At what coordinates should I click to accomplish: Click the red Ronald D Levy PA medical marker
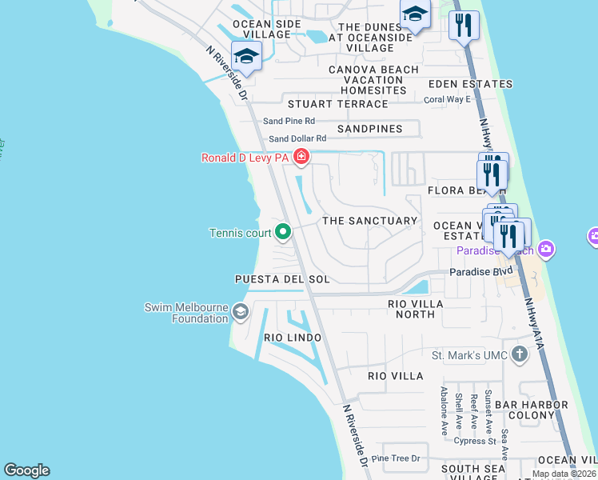[x=301, y=157]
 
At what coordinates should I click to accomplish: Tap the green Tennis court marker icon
[x=283, y=233]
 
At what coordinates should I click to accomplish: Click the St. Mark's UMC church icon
[x=520, y=354]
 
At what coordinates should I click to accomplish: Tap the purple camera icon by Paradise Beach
[x=547, y=249]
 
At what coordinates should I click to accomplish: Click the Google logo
[x=26, y=470]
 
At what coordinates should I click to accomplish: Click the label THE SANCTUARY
[x=369, y=220]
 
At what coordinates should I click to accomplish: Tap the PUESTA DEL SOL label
[x=281, y=278]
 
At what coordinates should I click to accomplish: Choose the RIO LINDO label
[x=293, y=338]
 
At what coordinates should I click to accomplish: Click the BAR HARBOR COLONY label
[x=524, y=410]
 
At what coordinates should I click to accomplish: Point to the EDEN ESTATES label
[x=470, y=84]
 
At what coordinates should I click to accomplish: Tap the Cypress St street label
[x=475, y=441]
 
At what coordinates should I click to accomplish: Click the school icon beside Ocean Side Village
[x=246, y=57]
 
